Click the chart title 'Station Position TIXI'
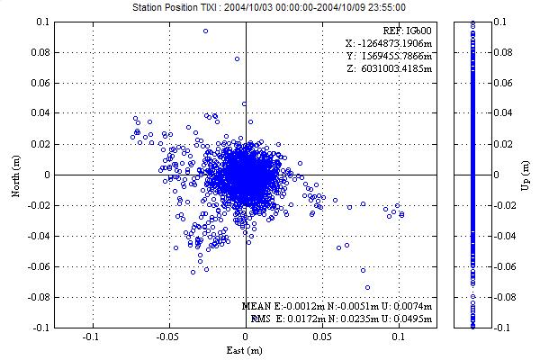270,6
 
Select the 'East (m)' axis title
245,349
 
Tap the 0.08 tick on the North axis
42,52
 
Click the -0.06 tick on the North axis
40,267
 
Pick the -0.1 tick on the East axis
91,337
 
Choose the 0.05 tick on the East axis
322,337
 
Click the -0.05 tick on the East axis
167,337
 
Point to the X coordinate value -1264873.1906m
388,42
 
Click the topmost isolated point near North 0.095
205,31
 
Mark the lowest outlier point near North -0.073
367,288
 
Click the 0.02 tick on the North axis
42,144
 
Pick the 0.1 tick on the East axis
399,337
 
